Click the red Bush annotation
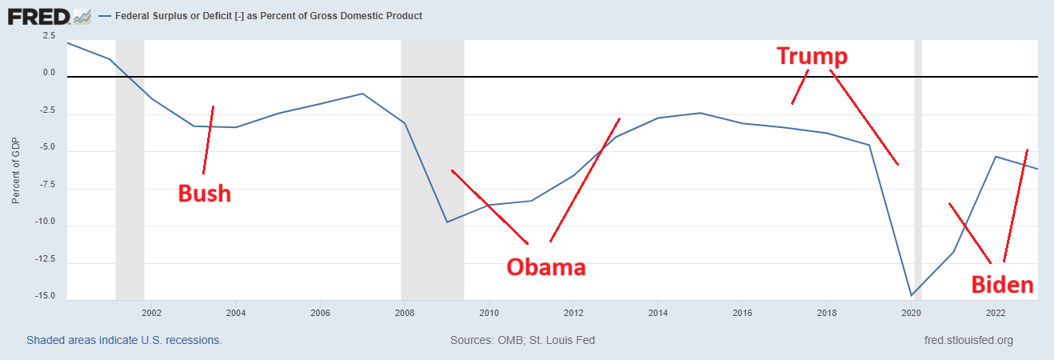(x=204, y=193)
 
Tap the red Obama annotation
(x=545, y=266)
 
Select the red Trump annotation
(x=812, y=57)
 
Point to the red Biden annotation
(x=1002, y=285)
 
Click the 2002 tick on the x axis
(x=151, y=312)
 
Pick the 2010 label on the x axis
(x=489, y=312)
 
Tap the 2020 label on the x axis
(x=911, y=312)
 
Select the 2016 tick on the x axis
(x=742, y=312)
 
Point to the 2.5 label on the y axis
(x=49, y=35)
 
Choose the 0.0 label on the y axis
(x=49, y=73)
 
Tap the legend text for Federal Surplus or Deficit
(x=269, y=16)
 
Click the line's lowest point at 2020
(x=911, y=295)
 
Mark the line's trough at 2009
(x=447, y=222)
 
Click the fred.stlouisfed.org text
(x=968, y=340)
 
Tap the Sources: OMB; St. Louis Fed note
(x=522, y=340)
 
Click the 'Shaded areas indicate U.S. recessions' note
(x=124, y=340)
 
